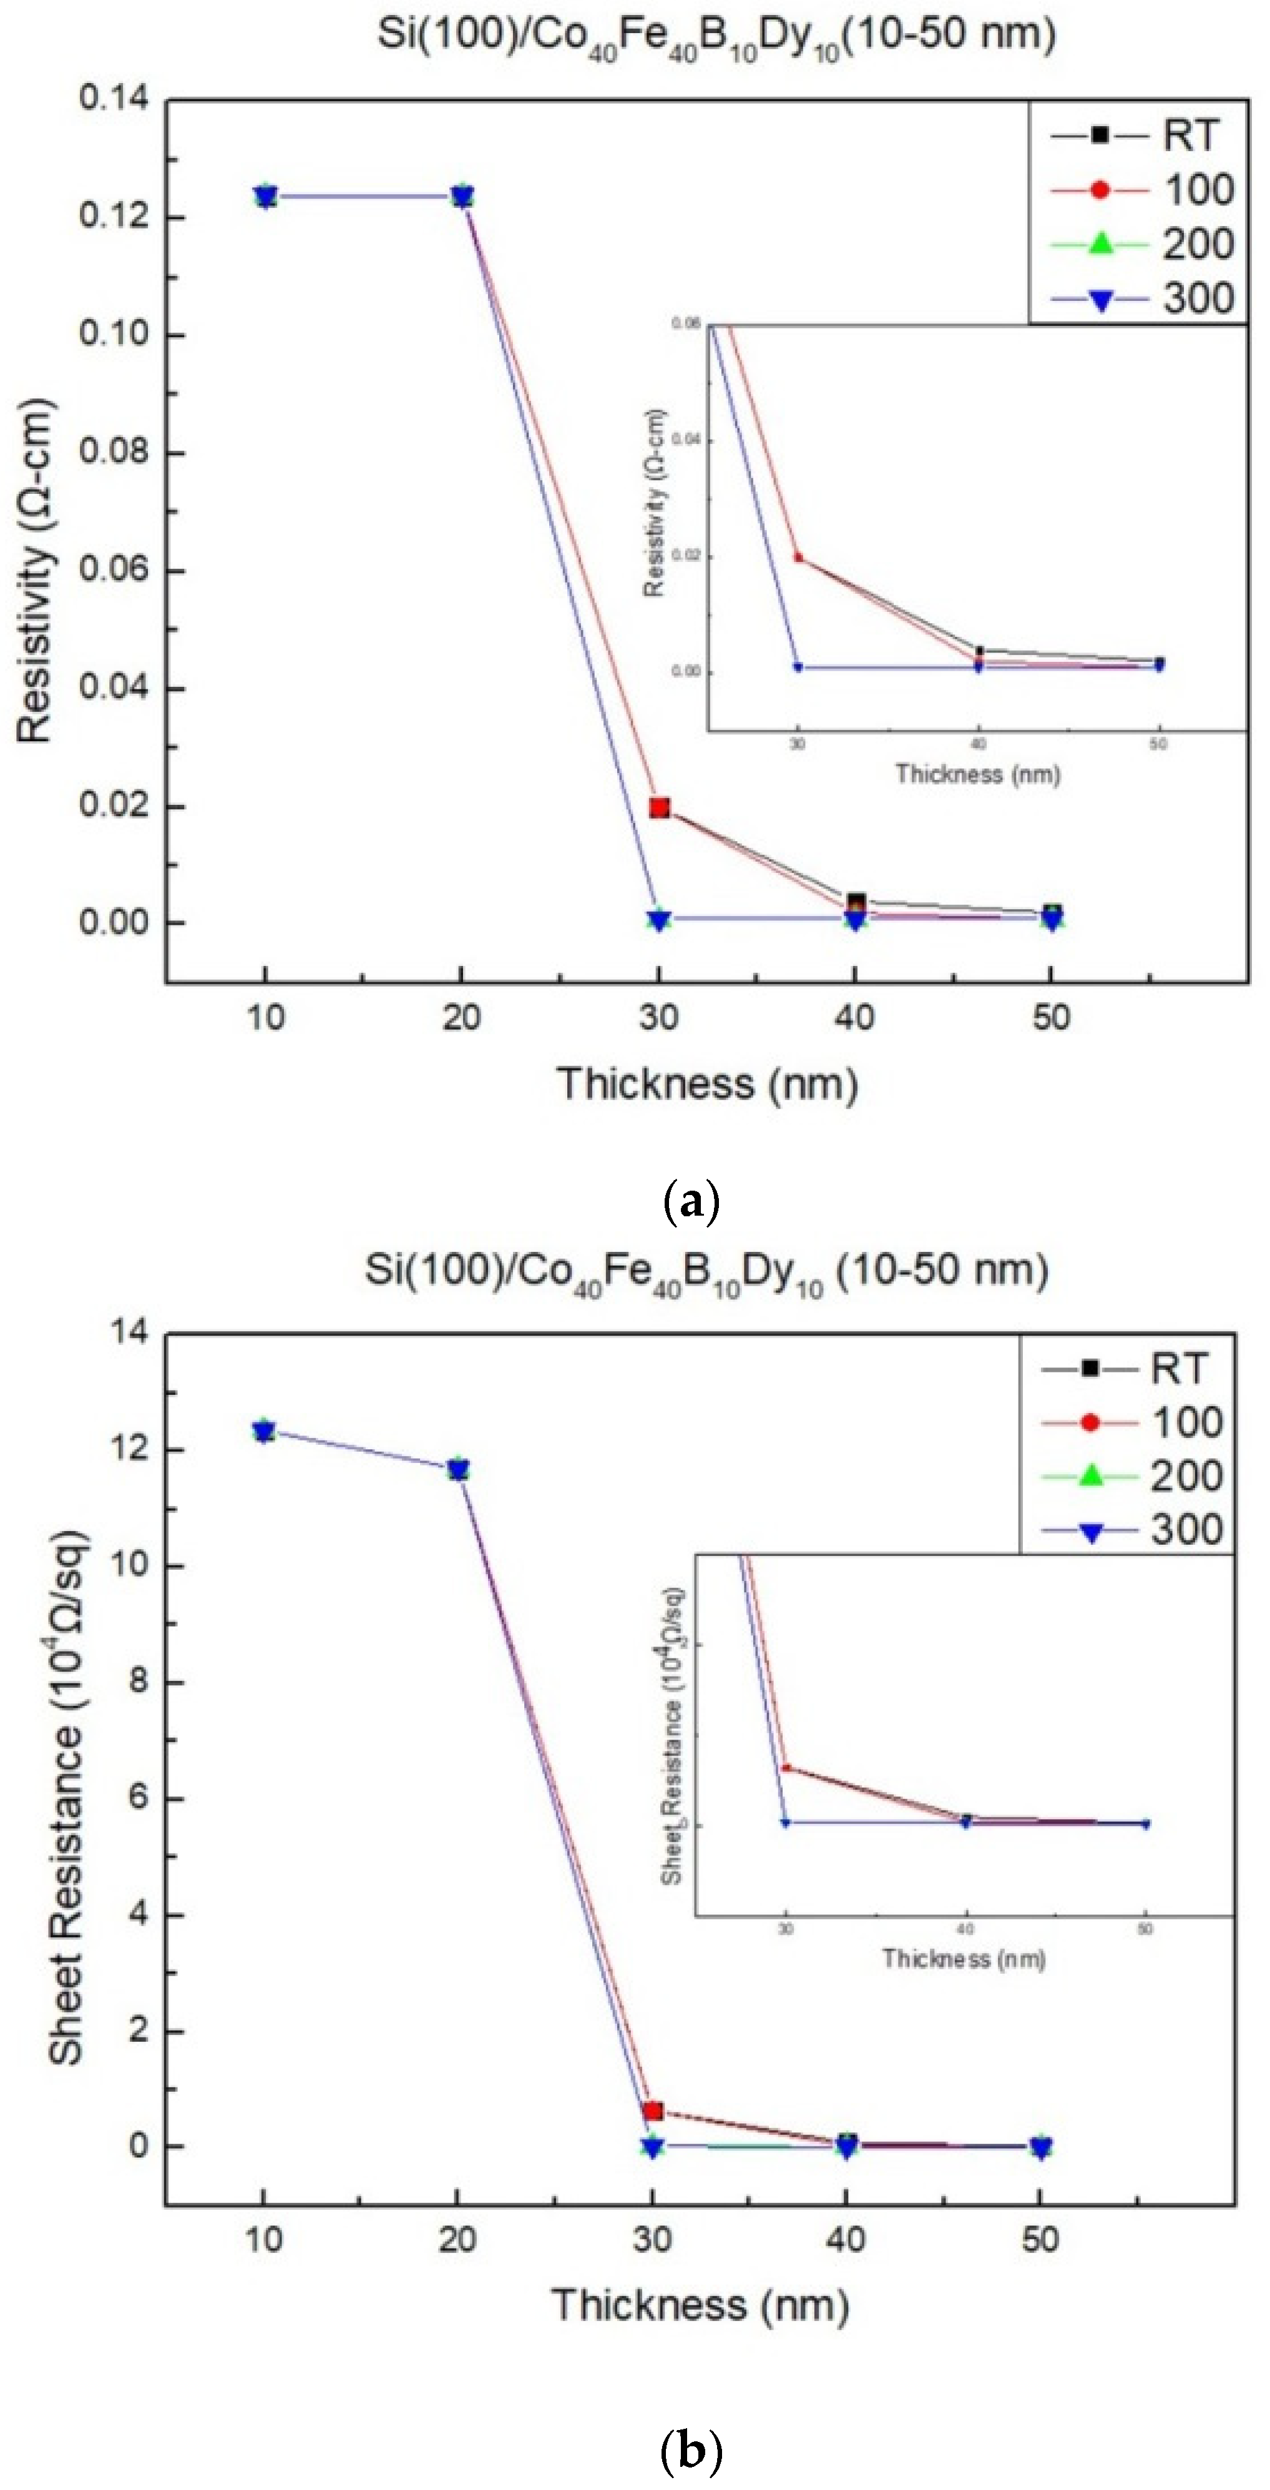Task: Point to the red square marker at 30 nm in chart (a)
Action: pyautogui.click(x=659, y=807)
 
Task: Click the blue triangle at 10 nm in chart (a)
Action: pyautogui.click(x=266, y=197)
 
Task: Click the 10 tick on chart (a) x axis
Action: pyautogui.click(x=266, y=1018)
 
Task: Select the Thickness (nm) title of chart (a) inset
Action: pyautogui.click(x=977, y=774)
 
